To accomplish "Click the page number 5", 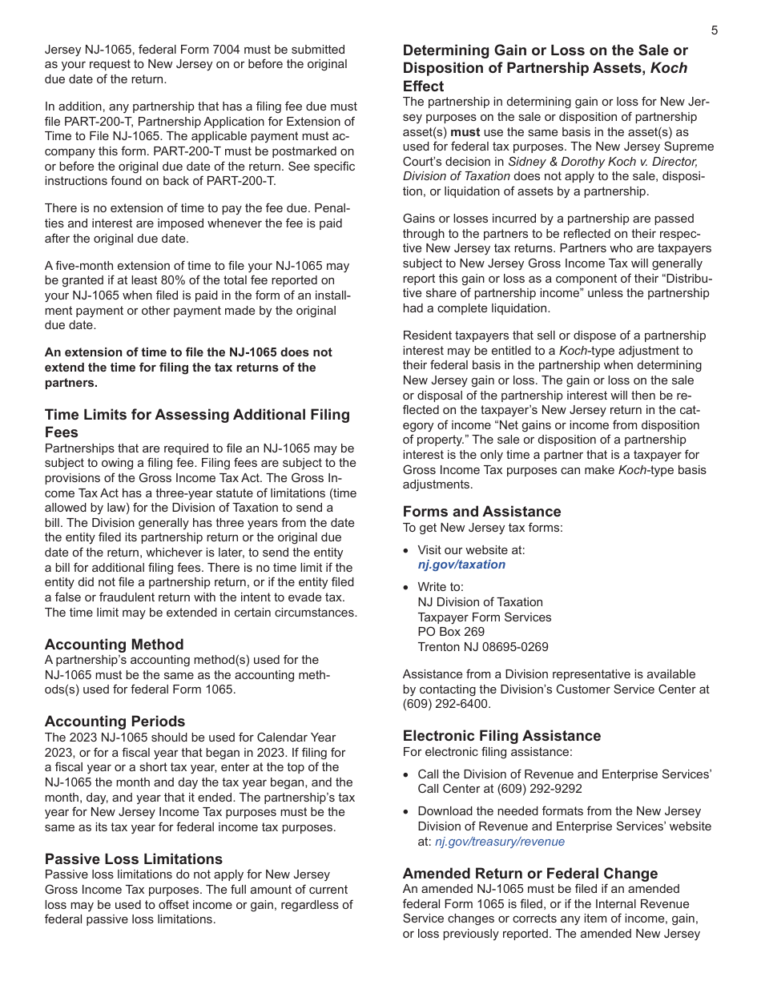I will [x=714, y=31].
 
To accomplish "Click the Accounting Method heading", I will [x=114, y=645].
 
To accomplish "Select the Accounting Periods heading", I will [x=115, y=722].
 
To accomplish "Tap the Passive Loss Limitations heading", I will [x=133, y=859].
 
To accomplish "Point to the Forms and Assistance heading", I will [x=481, y=512].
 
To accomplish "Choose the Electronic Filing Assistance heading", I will [x=501, y=736].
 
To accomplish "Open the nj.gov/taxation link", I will [x=461, y=565].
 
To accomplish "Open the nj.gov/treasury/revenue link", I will [x=499, y=842].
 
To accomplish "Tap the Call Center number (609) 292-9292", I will [x=538, y=789].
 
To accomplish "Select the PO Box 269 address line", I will [x=451, y=632].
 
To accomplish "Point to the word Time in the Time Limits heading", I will [x=61, y=415].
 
